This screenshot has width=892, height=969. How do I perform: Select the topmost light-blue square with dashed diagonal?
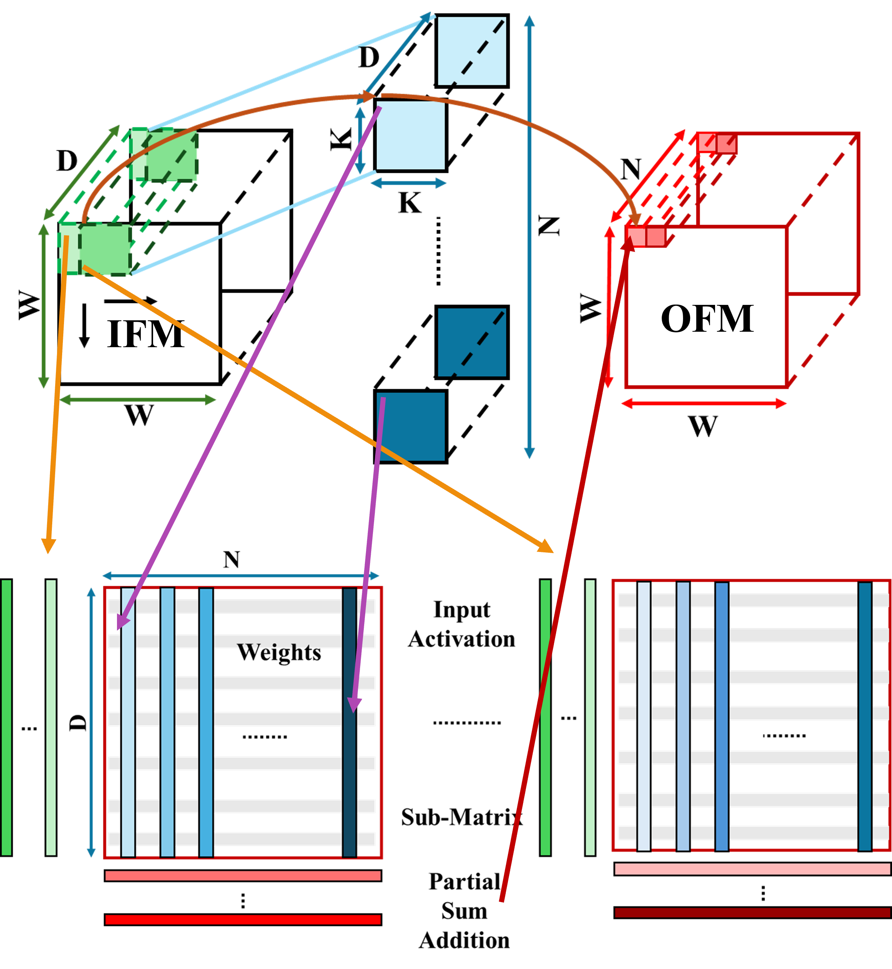(472, 51)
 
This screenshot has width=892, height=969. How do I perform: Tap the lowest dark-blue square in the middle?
(410, 427)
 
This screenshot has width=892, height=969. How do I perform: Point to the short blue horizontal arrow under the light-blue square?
(408, 183)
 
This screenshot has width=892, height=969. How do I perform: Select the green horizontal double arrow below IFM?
(138, 400)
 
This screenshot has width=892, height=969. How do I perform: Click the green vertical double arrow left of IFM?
(43, 306)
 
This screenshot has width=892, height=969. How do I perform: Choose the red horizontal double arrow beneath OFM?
(703, 403)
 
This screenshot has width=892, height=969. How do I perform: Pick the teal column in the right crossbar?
(865, 717)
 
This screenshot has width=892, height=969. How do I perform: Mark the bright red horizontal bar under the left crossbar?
(243, 919)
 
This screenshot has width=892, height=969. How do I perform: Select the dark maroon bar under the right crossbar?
(752, 912)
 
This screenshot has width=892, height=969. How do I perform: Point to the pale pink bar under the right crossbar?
(752, 869)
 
